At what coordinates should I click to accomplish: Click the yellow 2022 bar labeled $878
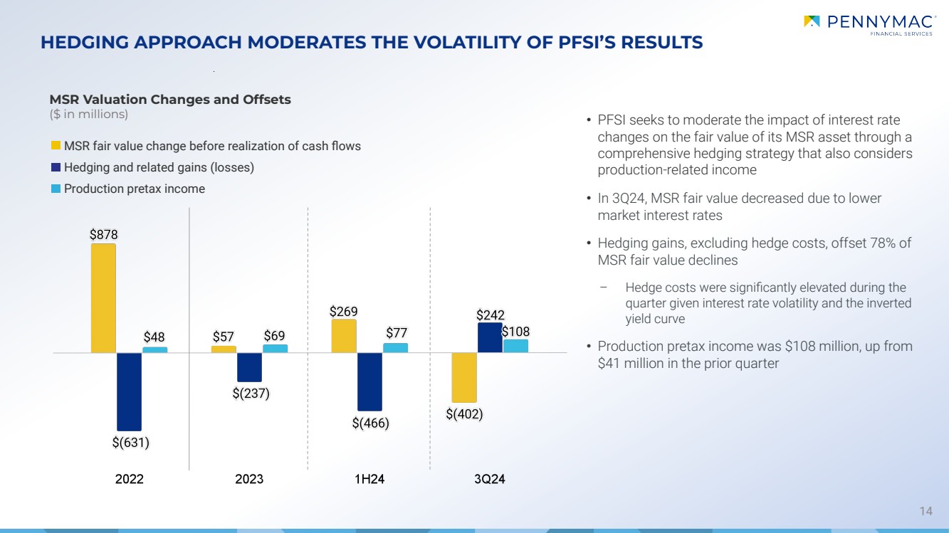[x=103, y=298]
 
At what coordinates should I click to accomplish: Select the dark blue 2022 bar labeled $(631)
[x=129, y=391]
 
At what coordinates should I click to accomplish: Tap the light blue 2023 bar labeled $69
[x=275, y=349]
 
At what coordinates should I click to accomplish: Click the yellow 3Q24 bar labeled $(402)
[x=464, y=377]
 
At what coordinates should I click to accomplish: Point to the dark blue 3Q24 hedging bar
[x=490, y=338]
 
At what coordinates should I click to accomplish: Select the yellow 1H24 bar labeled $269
[x=344, y=336]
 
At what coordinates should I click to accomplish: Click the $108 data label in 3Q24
[x=515, y=332]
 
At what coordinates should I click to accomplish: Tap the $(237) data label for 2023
[x=250, y=393]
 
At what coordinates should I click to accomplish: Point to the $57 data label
[x=224, y=335]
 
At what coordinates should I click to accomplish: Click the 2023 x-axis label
[x=249, y=479]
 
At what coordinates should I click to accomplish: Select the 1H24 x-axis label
[x=369, y=479]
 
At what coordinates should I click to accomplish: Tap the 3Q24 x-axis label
[x=490, y=479]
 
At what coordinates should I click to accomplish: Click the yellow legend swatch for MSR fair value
[x=55, y=146]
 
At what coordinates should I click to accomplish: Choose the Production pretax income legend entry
[x=134, y=189]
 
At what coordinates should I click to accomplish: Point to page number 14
[x=926, y=511]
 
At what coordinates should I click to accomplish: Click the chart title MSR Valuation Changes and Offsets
[x=169, y=100]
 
